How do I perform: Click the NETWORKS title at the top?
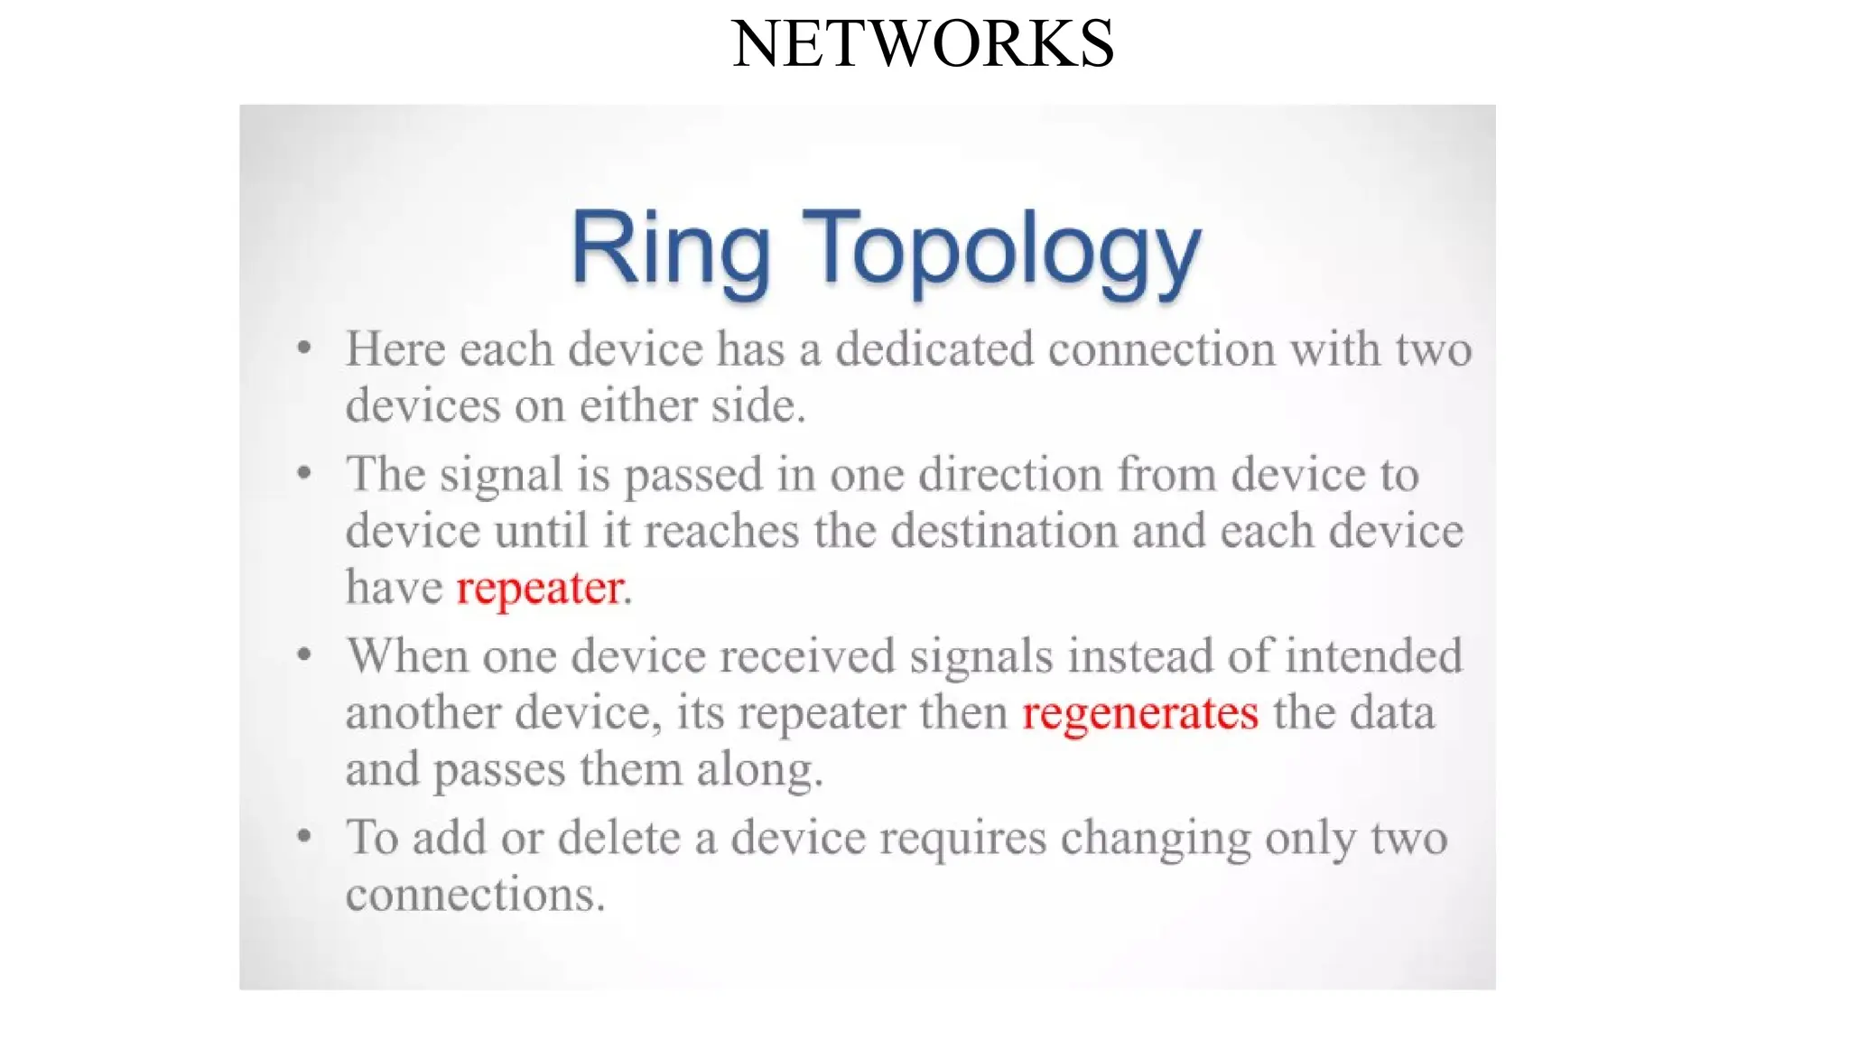[x=923, y=43]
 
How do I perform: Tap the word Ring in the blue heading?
[x=670, y=249]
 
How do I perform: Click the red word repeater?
[x=540, y=588]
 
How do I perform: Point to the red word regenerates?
[x=1139, y=713]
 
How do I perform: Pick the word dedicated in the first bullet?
[x=934, y=349]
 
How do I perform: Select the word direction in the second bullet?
[x=1010, y=475]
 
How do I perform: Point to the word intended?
[x=1372, y=656]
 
